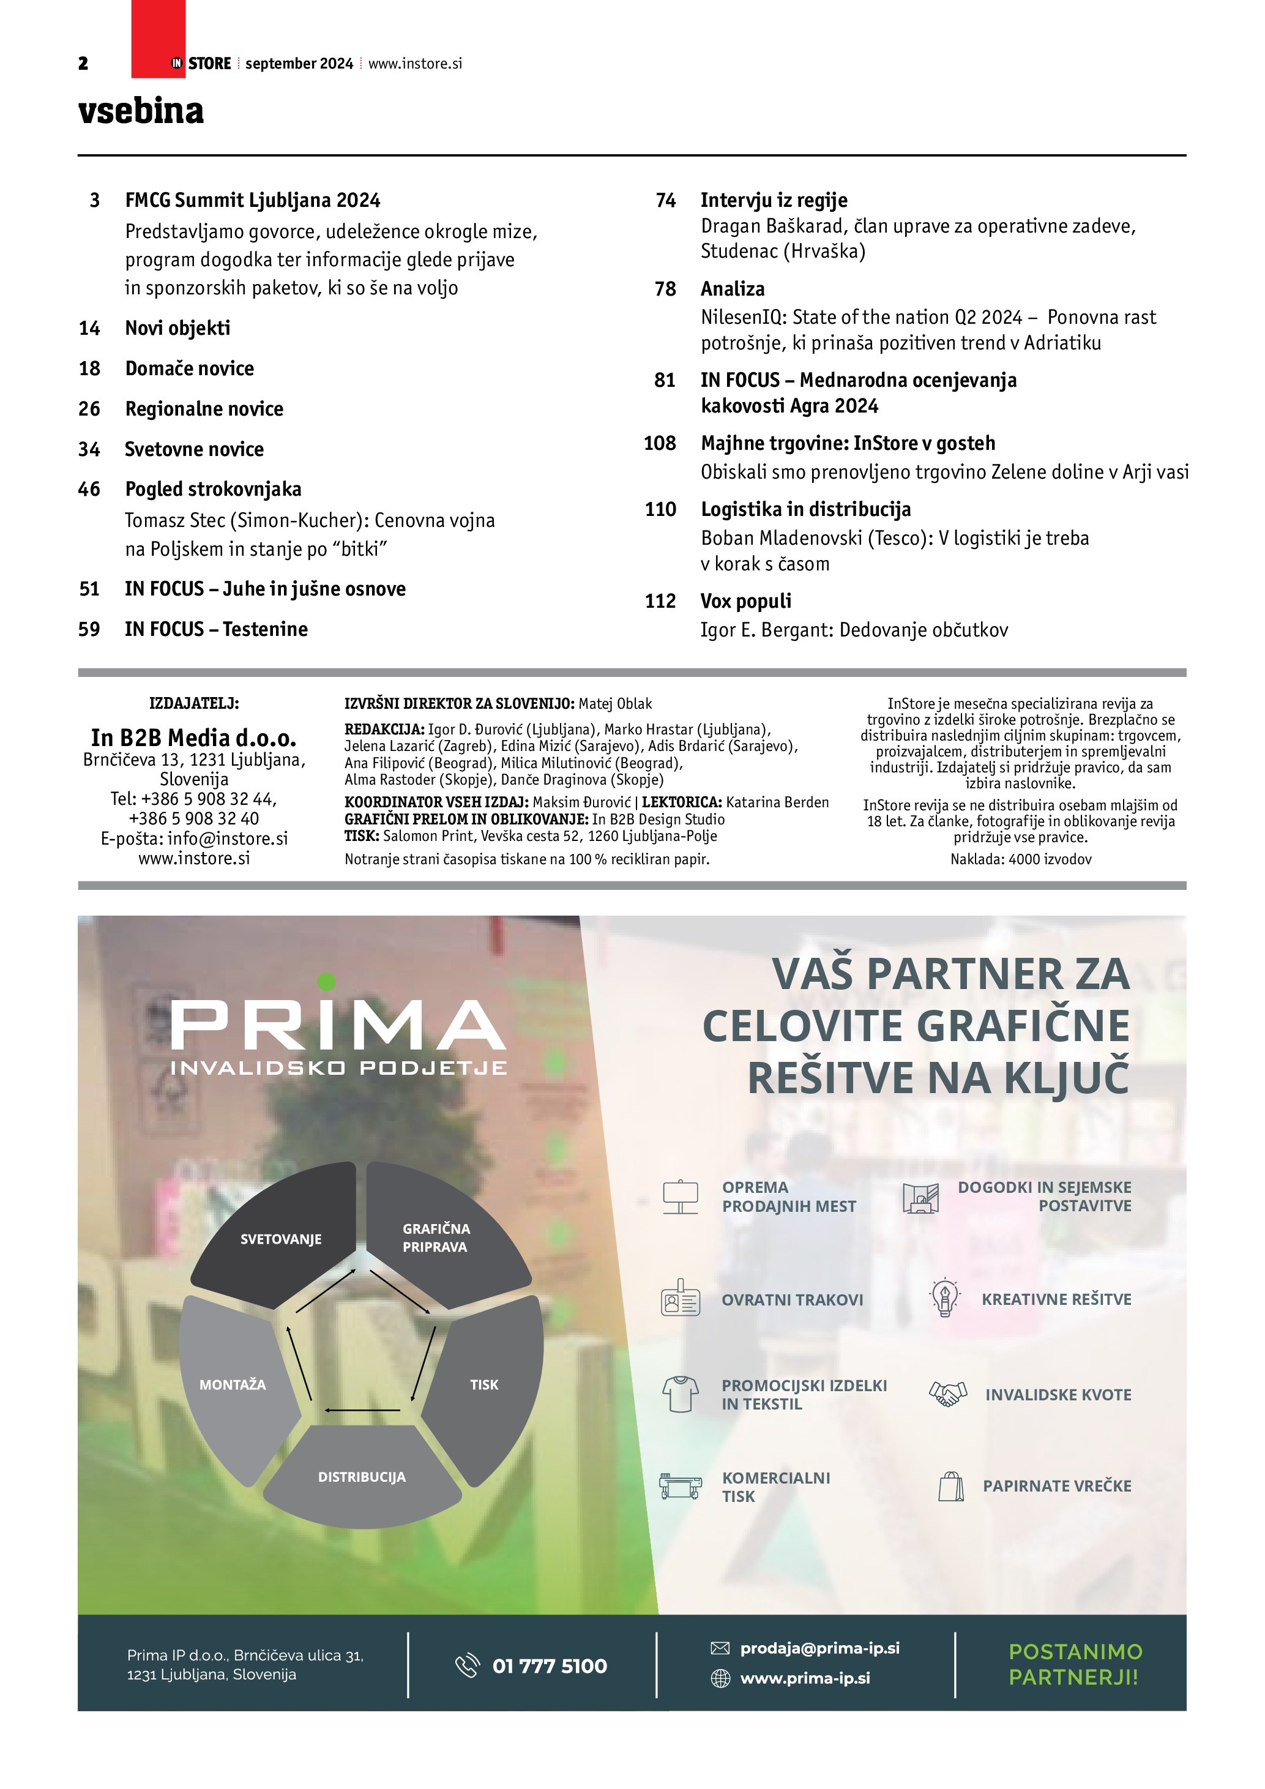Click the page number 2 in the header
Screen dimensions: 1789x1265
click(83, 64)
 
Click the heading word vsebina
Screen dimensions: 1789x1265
click(141, 111)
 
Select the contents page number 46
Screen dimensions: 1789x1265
click(89, 489)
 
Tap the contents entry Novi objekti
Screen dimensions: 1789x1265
click(177, 328)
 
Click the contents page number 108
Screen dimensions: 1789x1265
click(660, 443)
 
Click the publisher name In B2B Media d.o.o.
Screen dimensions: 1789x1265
click(194, 737)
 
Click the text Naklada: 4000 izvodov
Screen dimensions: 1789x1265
click(1020, 859)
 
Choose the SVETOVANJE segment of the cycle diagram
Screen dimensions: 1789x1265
click(280, 1239)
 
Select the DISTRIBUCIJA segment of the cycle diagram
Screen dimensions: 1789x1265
click(362, 1476)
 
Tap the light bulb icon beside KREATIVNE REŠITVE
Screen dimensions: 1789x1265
click(945, 1299)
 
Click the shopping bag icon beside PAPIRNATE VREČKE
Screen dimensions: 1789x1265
click(951, 1486)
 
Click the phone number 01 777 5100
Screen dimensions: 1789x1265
click(549, 1666)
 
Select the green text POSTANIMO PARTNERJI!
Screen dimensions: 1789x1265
click(1075, 1664)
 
